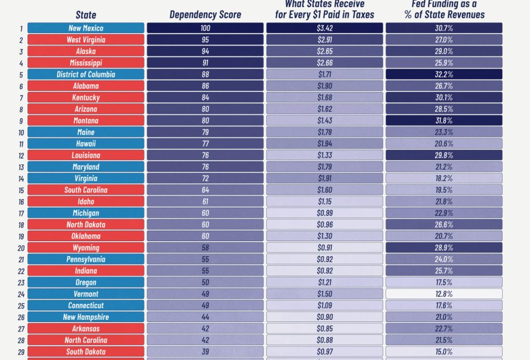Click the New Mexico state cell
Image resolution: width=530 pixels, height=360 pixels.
click(x=86, y=28)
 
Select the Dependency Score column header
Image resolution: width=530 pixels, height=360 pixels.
click(x=205, y=15)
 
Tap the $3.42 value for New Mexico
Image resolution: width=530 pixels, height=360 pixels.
click(x=325, y=28)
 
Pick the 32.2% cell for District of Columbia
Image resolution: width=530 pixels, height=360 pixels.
click(x=444, y=74)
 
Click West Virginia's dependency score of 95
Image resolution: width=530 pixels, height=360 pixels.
click(x=205, y=40)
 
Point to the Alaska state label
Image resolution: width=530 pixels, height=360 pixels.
click(x=86, y=51)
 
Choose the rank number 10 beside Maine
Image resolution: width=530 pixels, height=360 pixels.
click(x=21, y=132)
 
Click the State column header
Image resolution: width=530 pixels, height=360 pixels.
click(x=86, y=15)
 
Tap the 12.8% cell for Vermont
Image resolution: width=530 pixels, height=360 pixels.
click(x=444, y=294)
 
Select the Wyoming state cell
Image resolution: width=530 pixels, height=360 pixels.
click(x=86, y=247)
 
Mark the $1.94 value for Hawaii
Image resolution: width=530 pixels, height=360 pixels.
click(x=325, y=143)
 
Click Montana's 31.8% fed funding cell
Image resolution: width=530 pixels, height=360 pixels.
click(x=444, y=121)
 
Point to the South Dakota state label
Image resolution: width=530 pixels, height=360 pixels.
click(x=86, y=352)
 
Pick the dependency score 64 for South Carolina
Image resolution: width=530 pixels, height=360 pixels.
click(x=205, y=190)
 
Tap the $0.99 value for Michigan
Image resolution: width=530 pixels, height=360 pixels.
click(x=325, y=213)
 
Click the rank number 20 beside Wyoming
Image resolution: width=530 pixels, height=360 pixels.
click(x=21, y=248)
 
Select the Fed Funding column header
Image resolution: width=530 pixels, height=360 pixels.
click(x=444, y=9)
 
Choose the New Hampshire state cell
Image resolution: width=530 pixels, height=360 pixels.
click(x=86, y=317)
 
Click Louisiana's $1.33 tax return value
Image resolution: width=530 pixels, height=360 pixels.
click(x=325, y=155)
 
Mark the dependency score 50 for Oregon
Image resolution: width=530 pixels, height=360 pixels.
click(x=205, y=282)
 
